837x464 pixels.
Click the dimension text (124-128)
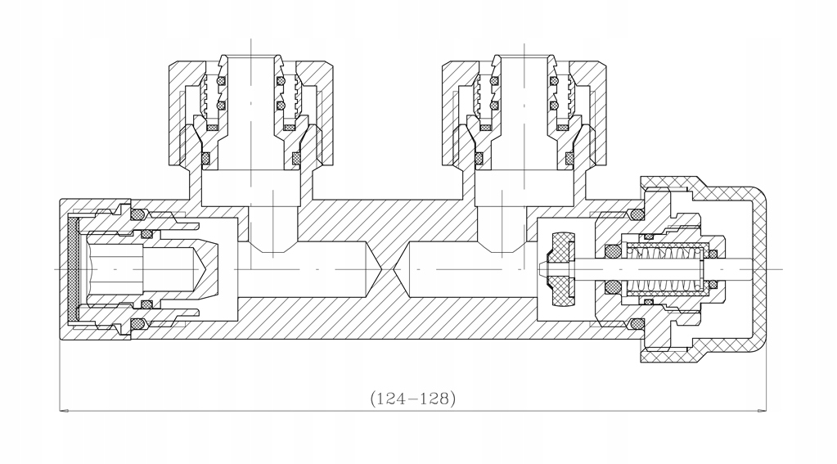pos(412,399)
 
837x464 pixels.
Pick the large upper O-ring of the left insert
pos(138,214)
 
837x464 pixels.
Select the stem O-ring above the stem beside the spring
pos(611,250)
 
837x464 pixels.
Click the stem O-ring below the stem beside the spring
pos(611,287)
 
